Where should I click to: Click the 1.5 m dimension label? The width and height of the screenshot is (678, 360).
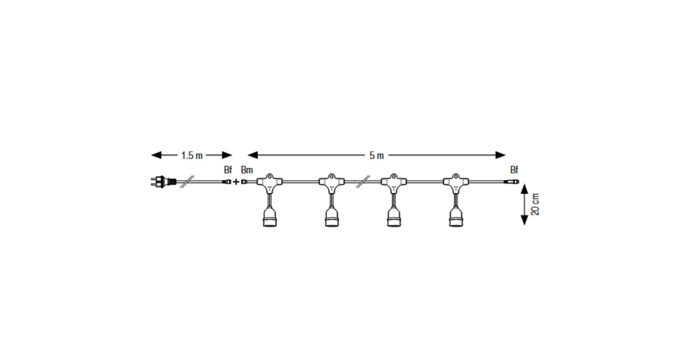tap(192, 155)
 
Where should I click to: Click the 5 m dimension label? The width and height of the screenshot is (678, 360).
tap(376, 155)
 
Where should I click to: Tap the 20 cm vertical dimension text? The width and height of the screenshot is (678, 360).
tap(535, 204)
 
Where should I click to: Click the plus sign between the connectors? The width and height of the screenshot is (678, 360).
tap(236, 182)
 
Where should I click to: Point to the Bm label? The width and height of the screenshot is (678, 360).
tap(247, 170)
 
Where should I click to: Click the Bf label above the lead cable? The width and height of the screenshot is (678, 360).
tap(228, 170)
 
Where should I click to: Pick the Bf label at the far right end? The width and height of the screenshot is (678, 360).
tap(514, 170)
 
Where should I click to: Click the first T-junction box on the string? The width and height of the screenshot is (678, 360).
tap(270, 183)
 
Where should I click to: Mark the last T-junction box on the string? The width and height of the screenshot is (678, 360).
tap(456, 183)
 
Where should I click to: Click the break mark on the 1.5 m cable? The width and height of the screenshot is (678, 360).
tap(187, 182)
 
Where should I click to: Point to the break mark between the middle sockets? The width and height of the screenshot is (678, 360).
tap(363, 182)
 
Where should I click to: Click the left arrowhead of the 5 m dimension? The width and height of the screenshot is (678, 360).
tap(253, 155)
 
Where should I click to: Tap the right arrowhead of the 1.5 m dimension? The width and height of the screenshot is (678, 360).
tap(227, 155)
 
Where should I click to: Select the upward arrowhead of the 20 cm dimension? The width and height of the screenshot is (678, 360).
tap(524, 189)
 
